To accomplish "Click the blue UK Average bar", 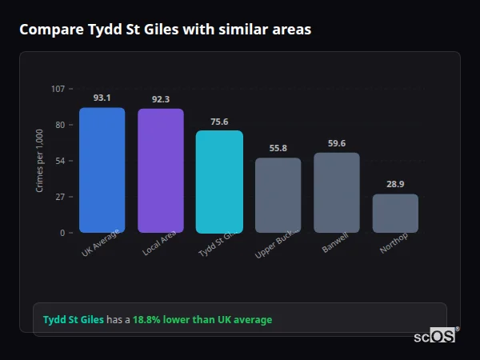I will click(x=102, y=170).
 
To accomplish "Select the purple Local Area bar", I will click(x=160, y=171).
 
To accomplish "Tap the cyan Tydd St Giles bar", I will click(x=219, y=182).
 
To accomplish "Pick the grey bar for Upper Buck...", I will click(x=278, y=195).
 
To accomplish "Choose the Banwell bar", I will click(x=336, y=193).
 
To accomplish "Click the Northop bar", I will click(x=395, y=214).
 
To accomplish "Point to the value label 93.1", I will click(x=102, y=98).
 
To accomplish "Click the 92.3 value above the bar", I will click(x=160, y=99).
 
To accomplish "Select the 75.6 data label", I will click(x=219, y=122).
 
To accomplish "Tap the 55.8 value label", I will click(x=278, y=148).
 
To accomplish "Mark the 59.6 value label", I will click(x=336, y=143).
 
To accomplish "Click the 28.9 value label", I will click(x=395, y=184).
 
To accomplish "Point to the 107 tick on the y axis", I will click(x=58, y=89).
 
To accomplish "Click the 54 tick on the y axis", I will click(x=61, y=161).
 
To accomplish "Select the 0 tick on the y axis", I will click(x=63, y=233).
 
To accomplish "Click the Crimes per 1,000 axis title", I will click(x=40, y=160).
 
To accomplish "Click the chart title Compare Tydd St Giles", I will click(x=165, y=30).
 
